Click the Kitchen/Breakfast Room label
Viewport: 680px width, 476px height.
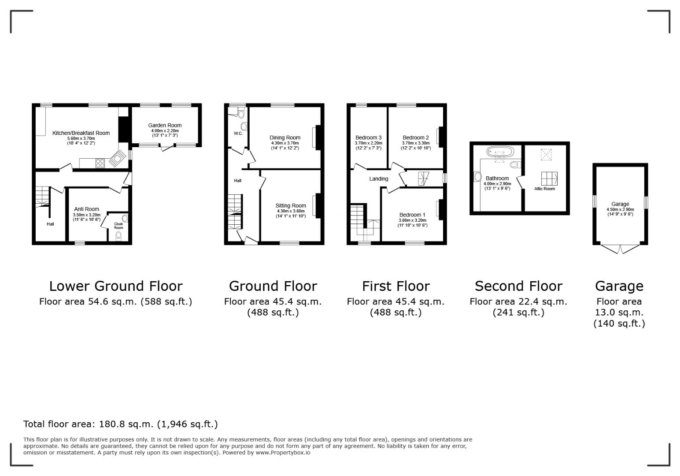pos(81,133)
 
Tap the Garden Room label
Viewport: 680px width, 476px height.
pos(165,125)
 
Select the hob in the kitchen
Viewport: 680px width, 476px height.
pos(100,163)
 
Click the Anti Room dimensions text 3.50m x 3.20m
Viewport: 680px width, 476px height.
pos(86,215)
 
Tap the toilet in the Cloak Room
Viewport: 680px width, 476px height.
pos(118,237)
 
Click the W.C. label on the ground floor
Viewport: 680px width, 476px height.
pos(238,133)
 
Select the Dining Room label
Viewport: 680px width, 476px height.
pos(285,138)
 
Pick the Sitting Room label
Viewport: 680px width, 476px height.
pos(291,205)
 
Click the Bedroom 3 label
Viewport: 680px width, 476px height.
pos(368,138)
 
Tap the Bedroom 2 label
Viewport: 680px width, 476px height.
pos(415,138)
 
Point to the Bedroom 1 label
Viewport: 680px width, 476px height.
pos(412,215)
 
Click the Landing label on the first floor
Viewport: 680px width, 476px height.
pos(379,178)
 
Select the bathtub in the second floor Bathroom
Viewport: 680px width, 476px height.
pos(500,152)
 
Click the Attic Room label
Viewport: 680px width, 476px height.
pos(544,189)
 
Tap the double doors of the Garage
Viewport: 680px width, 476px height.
pos(620,249)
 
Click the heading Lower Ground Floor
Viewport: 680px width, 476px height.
pos(115,286)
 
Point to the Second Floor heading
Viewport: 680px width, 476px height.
pos(518,286)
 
